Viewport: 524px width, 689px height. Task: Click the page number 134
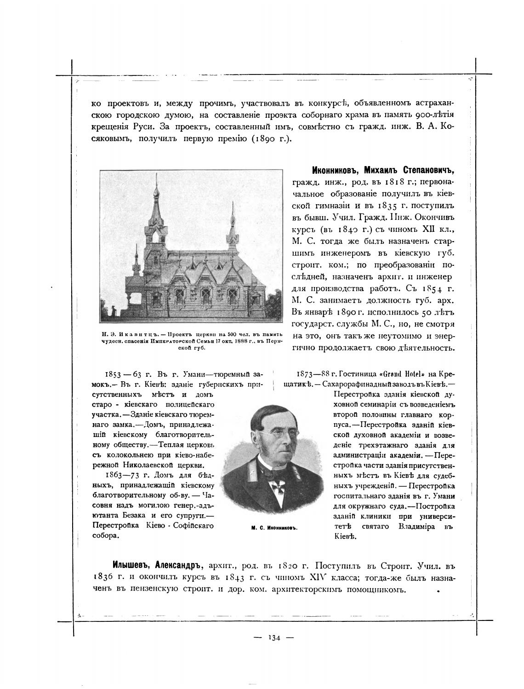274,637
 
